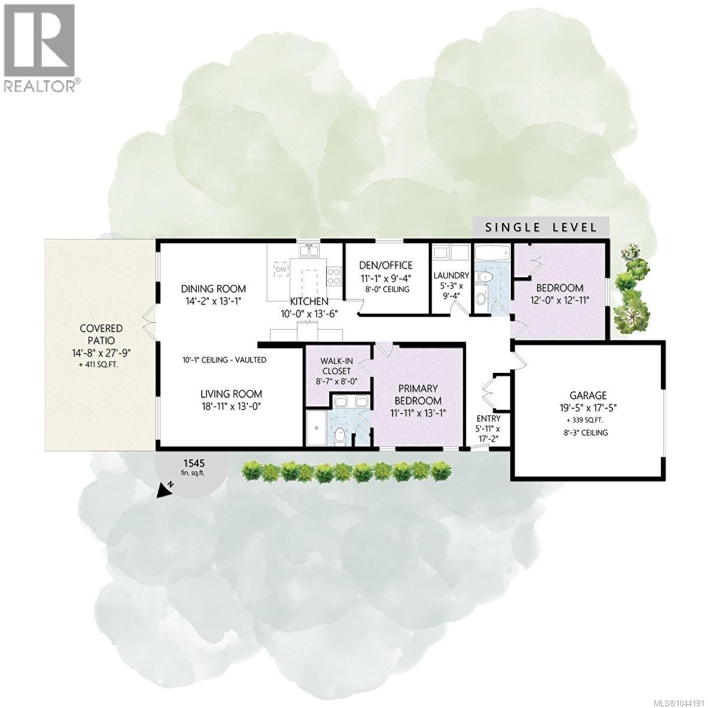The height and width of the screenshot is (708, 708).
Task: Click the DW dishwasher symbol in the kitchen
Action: [x=281, y=270]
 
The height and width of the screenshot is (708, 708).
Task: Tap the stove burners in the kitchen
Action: [x=333, y=276]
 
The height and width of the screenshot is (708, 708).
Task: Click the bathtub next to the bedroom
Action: [x=492, y=253]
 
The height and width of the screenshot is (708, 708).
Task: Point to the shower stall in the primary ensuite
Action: [x=316, y=428]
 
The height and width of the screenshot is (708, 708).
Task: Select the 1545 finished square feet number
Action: [x=195, y=463]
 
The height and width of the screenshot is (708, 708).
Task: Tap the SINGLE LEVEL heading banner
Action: [x=541, y=227]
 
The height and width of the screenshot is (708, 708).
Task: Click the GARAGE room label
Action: [x=588, y=395]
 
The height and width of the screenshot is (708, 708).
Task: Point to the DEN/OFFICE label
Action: [x=386, y=265]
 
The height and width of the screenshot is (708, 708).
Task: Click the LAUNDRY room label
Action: [x=451, y=275]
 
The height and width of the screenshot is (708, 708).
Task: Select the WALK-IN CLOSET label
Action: [x=336, y=366]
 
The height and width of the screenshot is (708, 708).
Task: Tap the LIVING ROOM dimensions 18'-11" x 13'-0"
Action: [x=231, y=407]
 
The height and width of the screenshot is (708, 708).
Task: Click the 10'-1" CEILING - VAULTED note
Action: [x=224, y=360]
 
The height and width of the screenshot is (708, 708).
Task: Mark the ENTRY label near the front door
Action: [x=489, y=418]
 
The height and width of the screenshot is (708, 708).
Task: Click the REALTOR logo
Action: [x=41, y=48]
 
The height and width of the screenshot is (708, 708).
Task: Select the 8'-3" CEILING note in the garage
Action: [x=588, y=433]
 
